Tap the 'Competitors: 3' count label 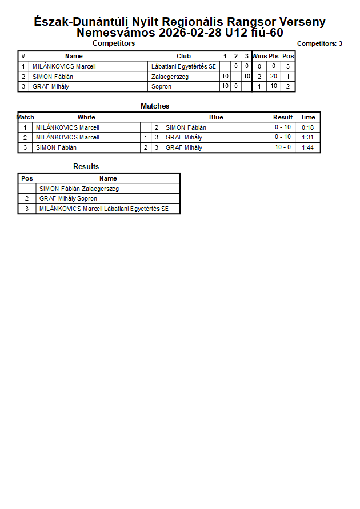(x=319, y=43)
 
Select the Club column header (x=183, y=56)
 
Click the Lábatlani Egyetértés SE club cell (x=183, y=66)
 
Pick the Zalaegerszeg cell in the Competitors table (x=170, y=77)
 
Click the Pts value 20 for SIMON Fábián (x=274, y=77)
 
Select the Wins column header (x=259, y=56)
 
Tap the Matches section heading (x=155, y=106)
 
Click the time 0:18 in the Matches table (x=308, y=127)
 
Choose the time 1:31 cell (x=308, y=137)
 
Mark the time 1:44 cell (x=308, y=147)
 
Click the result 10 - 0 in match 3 (x=283, y=147)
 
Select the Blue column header (x=216, y=117)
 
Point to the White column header (x=86, y=117)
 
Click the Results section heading (x=86, y=166)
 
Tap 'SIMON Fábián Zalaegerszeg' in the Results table (x=79, y=189)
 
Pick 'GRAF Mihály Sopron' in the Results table (x=68, y=199)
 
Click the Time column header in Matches (x=308, y=117)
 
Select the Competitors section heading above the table (x=114, y=43)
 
